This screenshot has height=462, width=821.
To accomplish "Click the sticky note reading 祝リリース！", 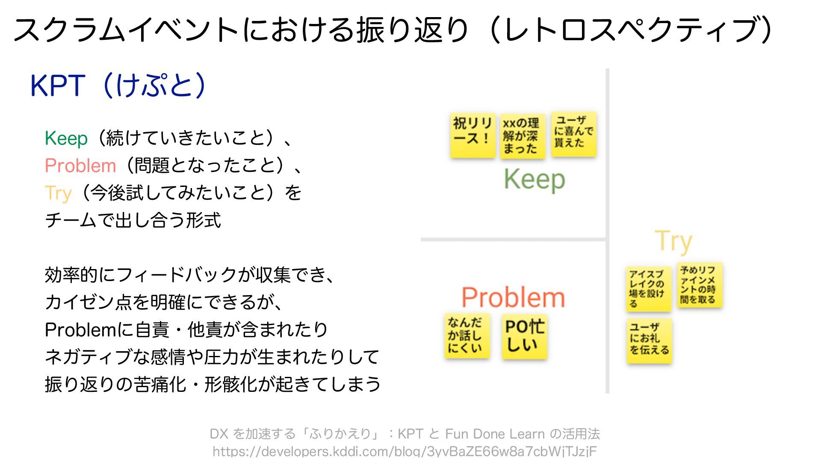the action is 472,135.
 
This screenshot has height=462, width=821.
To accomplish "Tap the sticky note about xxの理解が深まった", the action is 522,136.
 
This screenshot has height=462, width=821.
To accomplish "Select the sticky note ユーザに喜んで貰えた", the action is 573,134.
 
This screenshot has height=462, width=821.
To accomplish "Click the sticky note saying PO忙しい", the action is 524,336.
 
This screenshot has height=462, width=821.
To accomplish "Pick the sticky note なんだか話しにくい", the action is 467,336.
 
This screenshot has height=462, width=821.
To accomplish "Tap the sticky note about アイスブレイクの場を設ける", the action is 648,289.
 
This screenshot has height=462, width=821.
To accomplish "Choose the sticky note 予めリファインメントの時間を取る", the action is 700,285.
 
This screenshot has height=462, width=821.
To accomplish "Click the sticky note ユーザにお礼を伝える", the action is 649,341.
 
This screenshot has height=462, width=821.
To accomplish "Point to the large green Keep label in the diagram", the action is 535,180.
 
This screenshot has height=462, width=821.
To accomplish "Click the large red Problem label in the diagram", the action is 513,298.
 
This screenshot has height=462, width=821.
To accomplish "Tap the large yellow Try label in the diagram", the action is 673,242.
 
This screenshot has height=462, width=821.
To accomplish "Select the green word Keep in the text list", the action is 66,139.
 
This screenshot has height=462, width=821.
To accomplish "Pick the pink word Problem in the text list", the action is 80,166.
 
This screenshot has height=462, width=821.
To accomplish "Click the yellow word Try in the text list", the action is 58,193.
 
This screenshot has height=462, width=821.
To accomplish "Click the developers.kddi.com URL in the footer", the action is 405,452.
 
